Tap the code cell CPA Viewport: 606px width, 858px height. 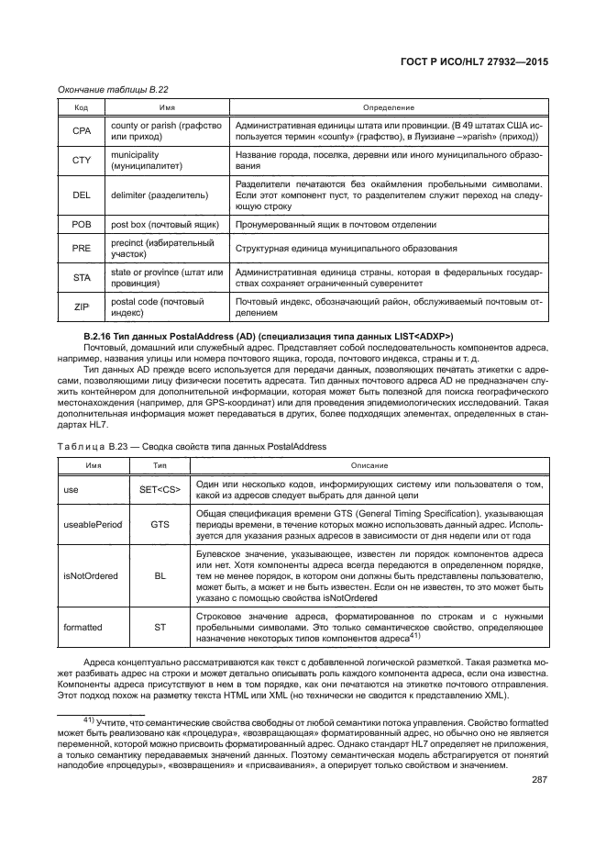81,130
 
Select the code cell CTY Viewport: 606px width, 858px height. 81,161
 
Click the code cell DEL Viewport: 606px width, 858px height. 81,195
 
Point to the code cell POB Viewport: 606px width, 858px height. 81,223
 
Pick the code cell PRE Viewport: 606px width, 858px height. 81,248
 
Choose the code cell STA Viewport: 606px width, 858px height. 81,277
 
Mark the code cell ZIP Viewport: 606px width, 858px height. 81,306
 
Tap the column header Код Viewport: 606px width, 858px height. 81,107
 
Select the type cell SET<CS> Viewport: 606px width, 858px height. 160,490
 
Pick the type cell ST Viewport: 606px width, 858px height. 160,629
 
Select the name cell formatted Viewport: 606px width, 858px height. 83,629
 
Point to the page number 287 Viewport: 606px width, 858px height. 538,780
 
